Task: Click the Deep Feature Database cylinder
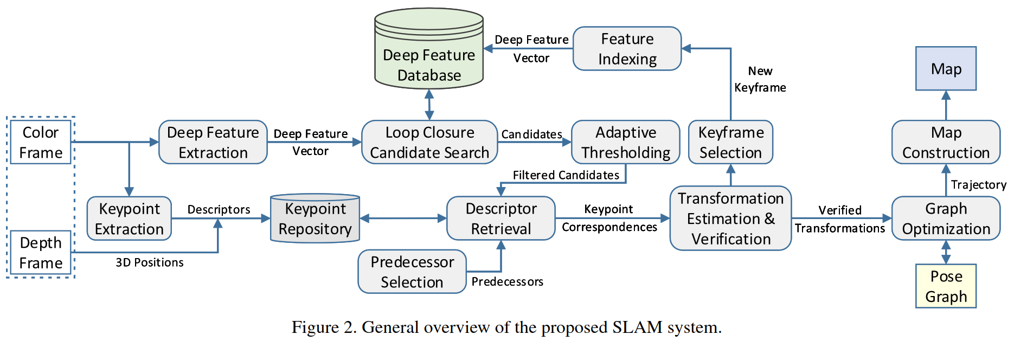pyautogui.click(x=429, y=49)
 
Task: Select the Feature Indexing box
pyautogui.click(x=627, y=49)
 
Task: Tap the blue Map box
pyautogui.click(x=946, y=68)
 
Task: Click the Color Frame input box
pyautogui.click(x=41, y=142)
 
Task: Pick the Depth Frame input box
pyautogui.click(x=41, y=253)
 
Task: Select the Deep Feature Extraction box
pyautogui.click(x=213, y=142)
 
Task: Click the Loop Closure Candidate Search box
pyautogui.click(x=429, y=142)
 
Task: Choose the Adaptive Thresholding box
pyautogui.click(x=626, y=142)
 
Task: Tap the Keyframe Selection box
pyautogui.click(x=730, y=142)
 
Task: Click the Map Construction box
pyautogui.click(x=946, y=142)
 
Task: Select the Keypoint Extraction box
pyautogui.click(x=129, y=218)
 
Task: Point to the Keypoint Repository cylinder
pyautogui.click(x=315, y=218)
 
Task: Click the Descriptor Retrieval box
pyautogui.click(x=501, y=218)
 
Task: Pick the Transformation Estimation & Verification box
pyautogui.click(x=730, y=218)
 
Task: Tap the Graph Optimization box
pyautogui.click(x=946, y=218)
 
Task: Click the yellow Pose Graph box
pyautogui.click(x=946, y=286)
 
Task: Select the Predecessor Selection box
pyautogui.click(x=412, y=272)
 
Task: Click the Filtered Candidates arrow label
pyautogui.click(x=566, y=175)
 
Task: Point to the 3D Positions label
pyautogui.click(x=150, y=262)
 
